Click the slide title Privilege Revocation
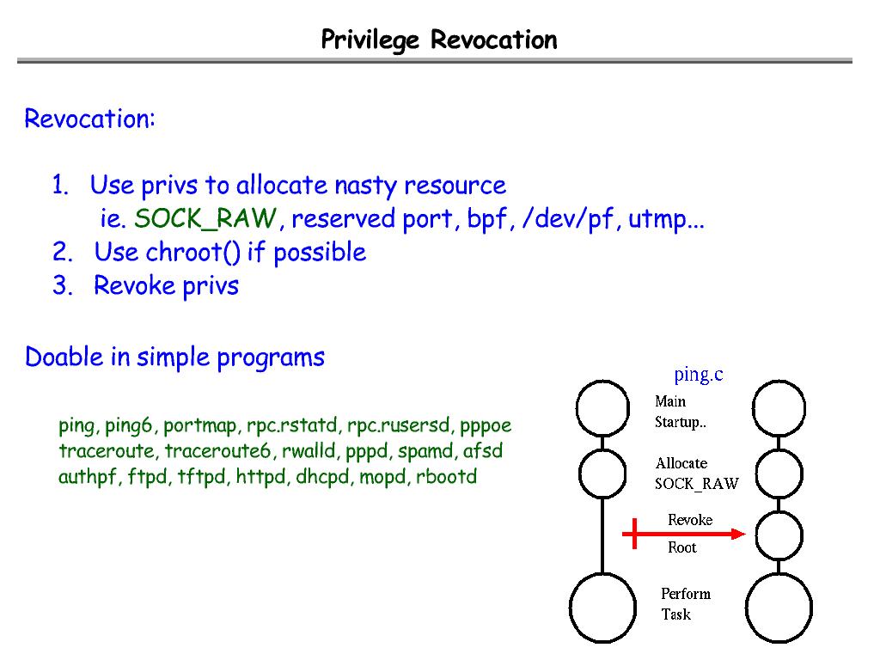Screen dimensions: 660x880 click(x=439, y=40)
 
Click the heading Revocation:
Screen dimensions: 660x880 click(x=89, y=119)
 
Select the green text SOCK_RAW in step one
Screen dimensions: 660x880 click(x=205, y=220)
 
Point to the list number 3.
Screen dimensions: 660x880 click(x=62, y=286)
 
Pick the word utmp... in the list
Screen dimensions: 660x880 click(x=666, y=220)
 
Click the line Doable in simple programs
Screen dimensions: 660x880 click(x=174, y=357)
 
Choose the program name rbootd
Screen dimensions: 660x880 click(x=446, y=477)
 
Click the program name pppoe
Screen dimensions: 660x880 click(x=486, y=425)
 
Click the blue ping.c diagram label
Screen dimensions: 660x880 click(x=698, y=374)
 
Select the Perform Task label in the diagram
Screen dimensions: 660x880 click(x=685, y=603)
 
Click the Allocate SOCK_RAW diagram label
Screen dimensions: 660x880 click(x=696, y=474)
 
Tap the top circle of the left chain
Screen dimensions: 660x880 click(x=602, y=408)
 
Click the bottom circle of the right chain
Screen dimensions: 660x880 click(x=779, y=608)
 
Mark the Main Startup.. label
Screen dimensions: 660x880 click(x=680, y=412)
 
